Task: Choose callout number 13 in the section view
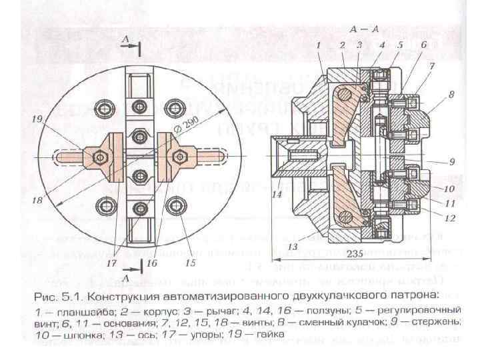point(291,247)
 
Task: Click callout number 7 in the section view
point(432,66)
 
